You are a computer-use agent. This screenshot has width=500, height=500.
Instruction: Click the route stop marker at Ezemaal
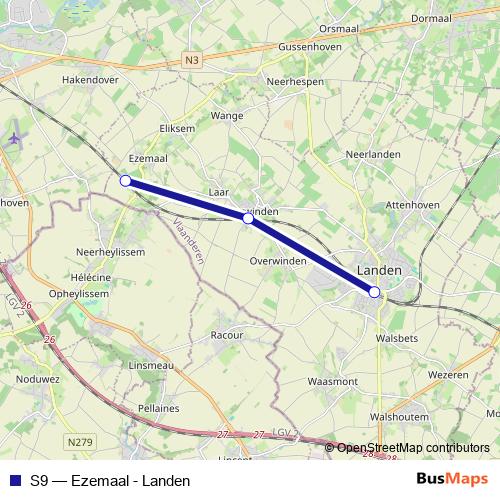point(125,181)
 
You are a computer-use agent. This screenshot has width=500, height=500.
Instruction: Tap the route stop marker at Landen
point(374,292)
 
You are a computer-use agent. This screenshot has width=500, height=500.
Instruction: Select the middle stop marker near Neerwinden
point(248,217)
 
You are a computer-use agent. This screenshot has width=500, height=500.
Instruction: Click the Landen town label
point(379,271)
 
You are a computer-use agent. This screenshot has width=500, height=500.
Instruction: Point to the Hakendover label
point(91,78)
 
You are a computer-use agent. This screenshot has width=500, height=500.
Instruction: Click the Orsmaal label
point(338,29)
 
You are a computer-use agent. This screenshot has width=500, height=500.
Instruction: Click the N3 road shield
point(192,61)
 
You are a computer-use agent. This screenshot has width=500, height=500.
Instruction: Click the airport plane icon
point(13,138)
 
